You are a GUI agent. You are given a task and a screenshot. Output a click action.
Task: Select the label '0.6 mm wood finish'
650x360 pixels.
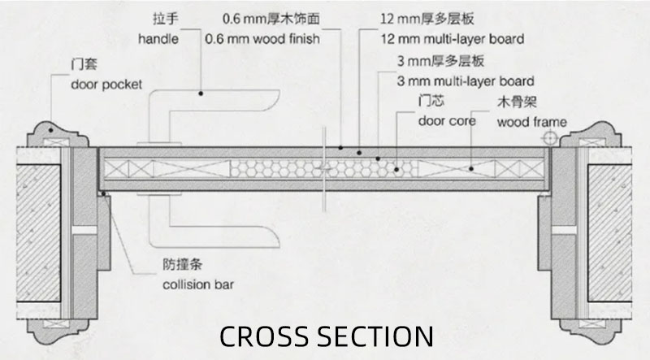coord(262,37)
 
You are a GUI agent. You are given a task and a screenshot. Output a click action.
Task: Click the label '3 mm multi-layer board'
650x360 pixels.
coord(466,81)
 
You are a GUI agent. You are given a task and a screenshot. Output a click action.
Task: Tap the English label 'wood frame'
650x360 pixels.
coord(531,123)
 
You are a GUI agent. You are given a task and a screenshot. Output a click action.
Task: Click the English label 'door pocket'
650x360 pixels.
coord(106,85)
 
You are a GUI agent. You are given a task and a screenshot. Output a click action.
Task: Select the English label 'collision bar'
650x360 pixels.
coord(195,285)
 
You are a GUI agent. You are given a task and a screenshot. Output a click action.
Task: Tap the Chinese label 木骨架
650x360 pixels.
coord(513,103)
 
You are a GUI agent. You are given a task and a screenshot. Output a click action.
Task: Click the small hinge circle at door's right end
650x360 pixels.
coord(550,141)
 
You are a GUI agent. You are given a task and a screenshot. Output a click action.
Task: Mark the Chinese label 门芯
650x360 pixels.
coord(431,102)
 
